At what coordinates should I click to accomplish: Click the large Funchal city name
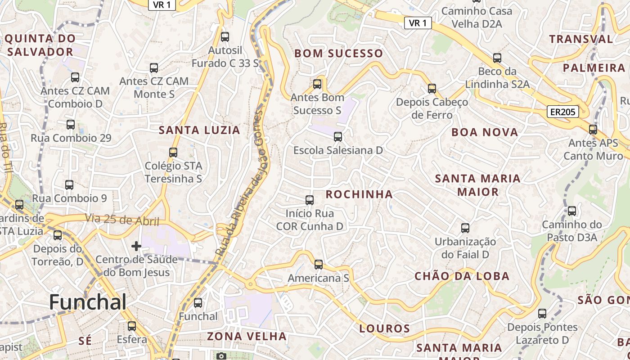[88, 302]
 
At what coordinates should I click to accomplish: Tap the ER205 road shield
[562, 112]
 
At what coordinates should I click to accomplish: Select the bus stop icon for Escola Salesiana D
[338, 137]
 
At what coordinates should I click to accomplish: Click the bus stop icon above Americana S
[319, 265]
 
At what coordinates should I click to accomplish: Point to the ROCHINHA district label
[359, 194]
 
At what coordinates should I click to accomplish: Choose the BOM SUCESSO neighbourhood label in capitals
[338, 54]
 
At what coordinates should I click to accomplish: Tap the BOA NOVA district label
[485, 132]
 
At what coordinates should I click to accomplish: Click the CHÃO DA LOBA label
[462, 276]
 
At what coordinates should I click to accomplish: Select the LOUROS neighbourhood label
[385, 328]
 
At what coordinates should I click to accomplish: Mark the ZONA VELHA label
[247, 336]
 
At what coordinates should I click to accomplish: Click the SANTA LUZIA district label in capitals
[199, 130]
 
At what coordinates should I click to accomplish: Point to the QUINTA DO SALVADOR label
[40, 45]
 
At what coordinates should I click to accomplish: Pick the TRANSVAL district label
[581, 39]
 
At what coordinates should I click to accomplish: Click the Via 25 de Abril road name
[122, 220]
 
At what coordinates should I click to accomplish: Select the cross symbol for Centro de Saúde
[136, 246]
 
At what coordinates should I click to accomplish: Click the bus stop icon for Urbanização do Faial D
[465, 228]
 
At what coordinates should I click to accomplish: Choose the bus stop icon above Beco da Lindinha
[497, 58]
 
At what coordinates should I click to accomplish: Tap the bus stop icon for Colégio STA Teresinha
[173, 153]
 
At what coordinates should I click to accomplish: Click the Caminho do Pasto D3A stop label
[571, 230]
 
